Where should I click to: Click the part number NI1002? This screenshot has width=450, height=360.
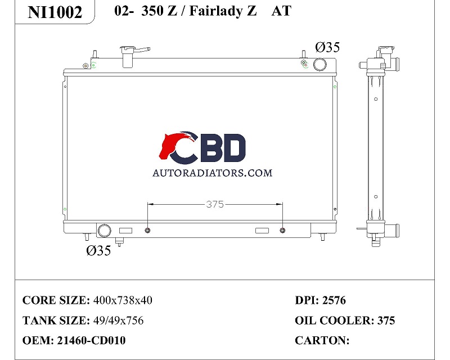(x=55, y=12)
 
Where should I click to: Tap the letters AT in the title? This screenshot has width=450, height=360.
(x=281, y=11)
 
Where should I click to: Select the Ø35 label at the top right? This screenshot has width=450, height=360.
(x=327, y=47)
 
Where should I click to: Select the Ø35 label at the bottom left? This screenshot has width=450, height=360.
(x=98, y=251)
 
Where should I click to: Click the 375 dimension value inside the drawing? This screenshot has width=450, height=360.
(x=215, y=204)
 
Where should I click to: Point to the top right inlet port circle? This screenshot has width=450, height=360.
(x=319, y=65)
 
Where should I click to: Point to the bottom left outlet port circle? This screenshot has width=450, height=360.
(x=104, y=231)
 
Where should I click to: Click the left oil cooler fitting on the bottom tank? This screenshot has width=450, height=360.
(x=147, y=230)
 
